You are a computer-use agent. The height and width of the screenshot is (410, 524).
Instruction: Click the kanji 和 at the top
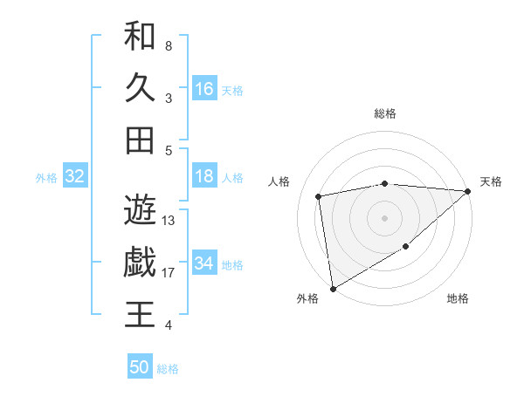pos(140,37)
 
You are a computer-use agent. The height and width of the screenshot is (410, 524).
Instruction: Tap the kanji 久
pos(140,88)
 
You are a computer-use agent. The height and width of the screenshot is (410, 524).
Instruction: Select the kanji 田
pos(140,140)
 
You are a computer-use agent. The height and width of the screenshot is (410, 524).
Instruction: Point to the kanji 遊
pos(140,209)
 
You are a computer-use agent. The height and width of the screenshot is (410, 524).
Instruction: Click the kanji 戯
pos(140,262)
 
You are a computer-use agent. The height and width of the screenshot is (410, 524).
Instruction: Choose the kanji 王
pos(140,314)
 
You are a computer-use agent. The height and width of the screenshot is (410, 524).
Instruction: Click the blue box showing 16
pos(204,89)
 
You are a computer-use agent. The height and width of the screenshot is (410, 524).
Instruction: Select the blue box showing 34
pos(204,263)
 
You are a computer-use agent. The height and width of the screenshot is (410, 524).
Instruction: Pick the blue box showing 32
pos(75,177)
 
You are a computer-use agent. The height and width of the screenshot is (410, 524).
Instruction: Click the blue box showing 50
pos(140,367)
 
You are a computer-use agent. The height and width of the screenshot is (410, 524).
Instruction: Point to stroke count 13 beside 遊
pos(169,221)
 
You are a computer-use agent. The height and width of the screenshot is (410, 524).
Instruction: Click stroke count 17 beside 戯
pos(169,273)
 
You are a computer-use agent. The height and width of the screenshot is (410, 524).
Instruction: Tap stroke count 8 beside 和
pos(168,45)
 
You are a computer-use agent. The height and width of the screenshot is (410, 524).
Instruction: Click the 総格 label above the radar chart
pos(384,113)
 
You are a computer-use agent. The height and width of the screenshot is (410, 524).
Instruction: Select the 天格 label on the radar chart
pos(491,181)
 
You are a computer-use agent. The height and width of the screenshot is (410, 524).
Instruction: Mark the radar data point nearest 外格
pos(333,288)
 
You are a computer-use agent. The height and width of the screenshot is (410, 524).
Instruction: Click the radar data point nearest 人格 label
pos(319,196)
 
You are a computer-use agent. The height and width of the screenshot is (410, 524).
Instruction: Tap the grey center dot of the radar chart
pos(384,217)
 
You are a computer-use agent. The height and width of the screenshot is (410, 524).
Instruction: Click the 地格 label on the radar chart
pos(458,299)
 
